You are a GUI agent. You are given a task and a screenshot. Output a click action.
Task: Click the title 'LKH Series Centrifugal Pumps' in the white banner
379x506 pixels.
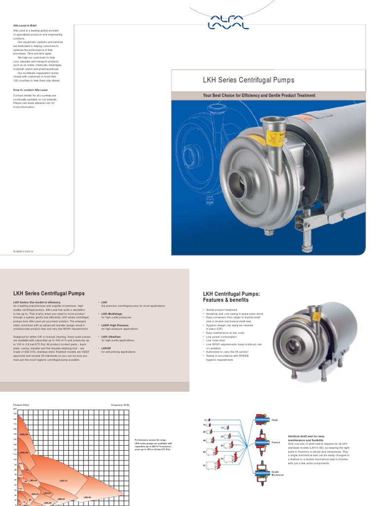pyautogui.click(x=249, y=80)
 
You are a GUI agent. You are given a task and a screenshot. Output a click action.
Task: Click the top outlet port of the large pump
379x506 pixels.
pyautogui.click(x=270, y=122)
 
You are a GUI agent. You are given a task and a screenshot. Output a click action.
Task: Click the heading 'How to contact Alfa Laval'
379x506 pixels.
pyautogui.click(x=31, y=90)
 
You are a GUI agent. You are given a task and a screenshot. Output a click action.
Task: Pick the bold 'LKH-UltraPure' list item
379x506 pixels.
pyautogui.click(x=111, y=337)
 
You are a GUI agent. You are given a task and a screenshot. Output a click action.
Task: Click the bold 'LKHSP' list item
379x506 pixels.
pyautogui.click(x=107, y=348)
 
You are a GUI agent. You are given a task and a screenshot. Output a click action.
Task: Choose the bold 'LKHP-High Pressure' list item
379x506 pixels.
pyautogui.click(x=114, y=325)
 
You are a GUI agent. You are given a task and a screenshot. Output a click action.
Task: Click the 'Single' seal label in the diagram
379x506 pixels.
pyautogui.click(x=275, y=420)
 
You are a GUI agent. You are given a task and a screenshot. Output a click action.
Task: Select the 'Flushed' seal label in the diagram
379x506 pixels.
pyautogui.click(x=276, y=443)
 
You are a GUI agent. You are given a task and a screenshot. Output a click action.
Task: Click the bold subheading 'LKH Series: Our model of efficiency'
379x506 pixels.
pyautogui.click(x=37, y=301)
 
